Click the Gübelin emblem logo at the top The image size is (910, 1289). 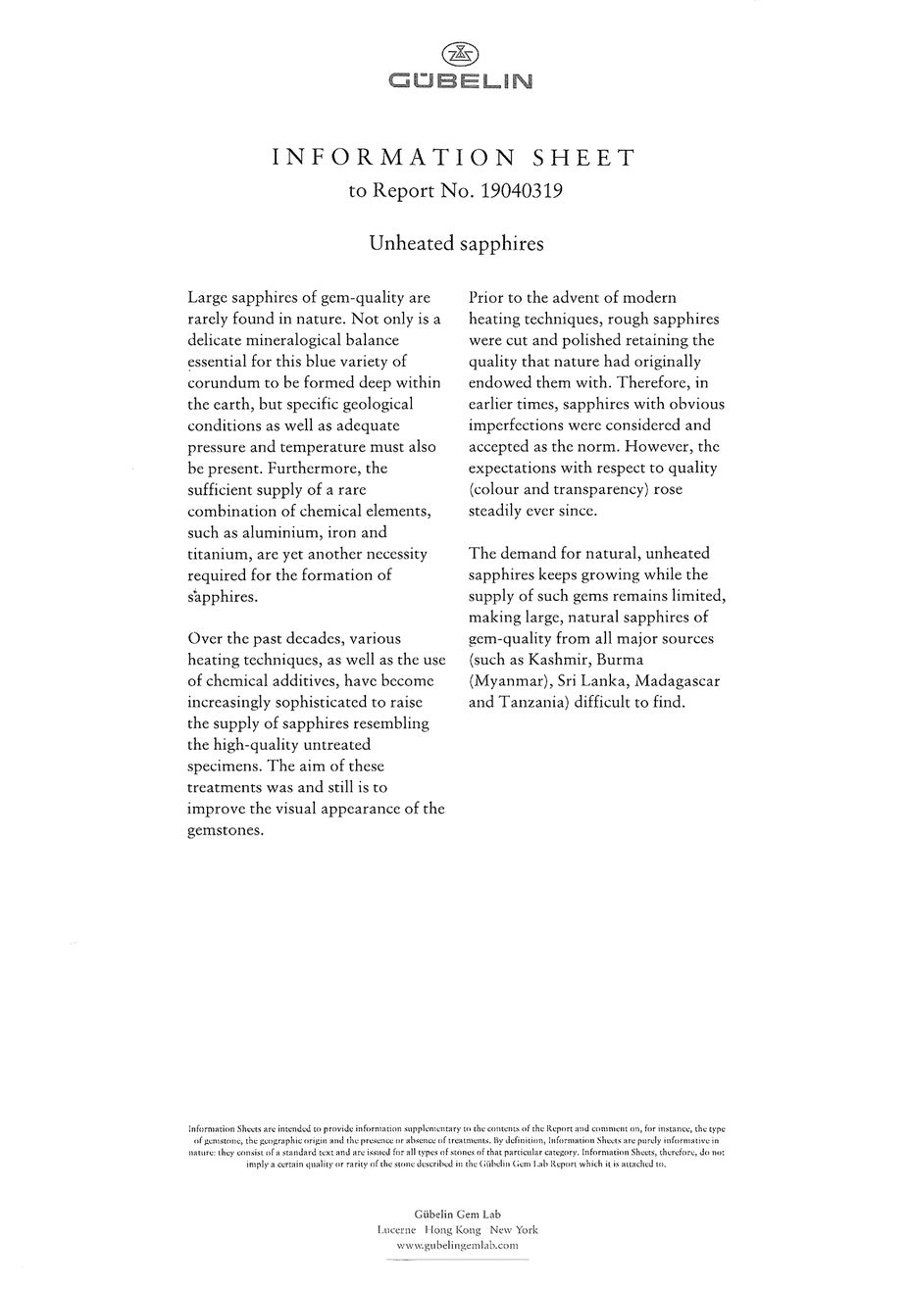point(456,55)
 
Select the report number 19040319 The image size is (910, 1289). point(521,190)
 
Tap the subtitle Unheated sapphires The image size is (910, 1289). point(456,243)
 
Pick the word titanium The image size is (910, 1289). point(219,554)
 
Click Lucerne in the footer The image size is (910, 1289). point(396,1229)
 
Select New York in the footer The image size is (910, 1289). point(514,1229)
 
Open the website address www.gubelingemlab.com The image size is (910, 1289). point(456,1245)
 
